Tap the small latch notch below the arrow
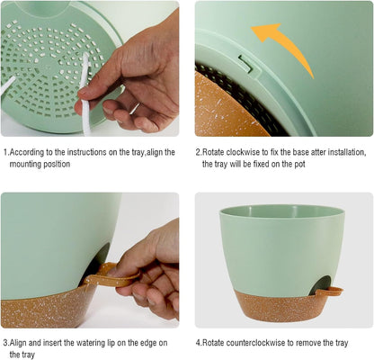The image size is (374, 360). [246, 61]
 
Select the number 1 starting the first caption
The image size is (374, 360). [4, 152]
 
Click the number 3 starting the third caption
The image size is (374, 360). [4, 342]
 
